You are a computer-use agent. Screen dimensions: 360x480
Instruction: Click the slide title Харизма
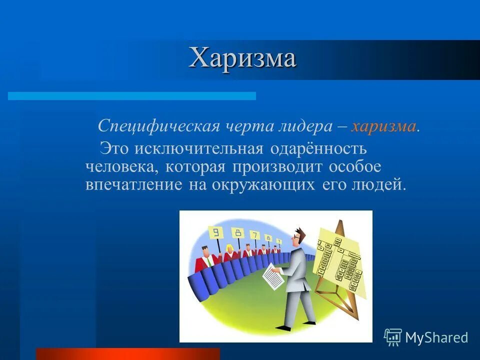tap(242, 58)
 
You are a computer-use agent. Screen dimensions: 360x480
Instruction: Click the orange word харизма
tap(383, 126)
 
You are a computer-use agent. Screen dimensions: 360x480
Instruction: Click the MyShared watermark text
tap(436, 337)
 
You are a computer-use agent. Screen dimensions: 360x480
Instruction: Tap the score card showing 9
tap(216, 232)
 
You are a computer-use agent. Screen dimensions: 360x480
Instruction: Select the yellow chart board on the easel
tap(340, 255)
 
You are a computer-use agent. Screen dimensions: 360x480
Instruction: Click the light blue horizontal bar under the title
tap(131, 95)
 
